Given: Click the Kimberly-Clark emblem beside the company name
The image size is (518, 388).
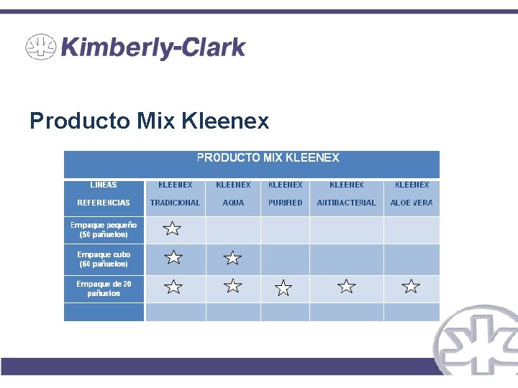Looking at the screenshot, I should [x=41, y=48].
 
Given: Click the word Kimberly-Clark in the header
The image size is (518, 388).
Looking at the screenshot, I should [x=153, y=48].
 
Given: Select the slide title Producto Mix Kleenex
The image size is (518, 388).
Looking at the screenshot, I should [x=149, y=121].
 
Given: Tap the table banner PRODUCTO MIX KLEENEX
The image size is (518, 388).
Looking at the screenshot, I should [x=268, y=157].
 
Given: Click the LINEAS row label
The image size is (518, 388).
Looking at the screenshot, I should [x=104, y=185].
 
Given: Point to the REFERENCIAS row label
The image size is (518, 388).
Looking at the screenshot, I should [x=104, y=203].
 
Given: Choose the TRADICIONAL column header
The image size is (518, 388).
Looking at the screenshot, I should [x=175, y=203].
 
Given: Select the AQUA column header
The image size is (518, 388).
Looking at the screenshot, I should [x=233, y=203].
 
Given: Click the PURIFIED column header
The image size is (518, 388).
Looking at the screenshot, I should [x=285, y=203].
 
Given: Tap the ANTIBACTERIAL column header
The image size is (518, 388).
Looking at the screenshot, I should [x=346, y=203].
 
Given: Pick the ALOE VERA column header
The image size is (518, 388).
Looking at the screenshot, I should [x=412, y=203].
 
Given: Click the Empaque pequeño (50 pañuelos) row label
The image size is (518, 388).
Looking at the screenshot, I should [x=104, y=229].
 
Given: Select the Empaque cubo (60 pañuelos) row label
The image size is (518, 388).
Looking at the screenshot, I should [x=104, y=259].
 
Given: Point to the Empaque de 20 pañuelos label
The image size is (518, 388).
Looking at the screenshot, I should [x=104, y=288].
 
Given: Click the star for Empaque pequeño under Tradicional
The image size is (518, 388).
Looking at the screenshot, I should [x=172, y=229].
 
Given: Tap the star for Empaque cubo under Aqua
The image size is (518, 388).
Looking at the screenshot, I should [x=232, y=258].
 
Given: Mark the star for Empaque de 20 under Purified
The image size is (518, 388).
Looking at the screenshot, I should [x=284, y=288].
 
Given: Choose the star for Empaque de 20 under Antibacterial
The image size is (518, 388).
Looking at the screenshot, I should [x=347, y=287].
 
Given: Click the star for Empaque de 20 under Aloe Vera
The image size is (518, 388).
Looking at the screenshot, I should [x=411, y=287].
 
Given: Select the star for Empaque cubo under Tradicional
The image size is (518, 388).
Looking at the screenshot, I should [x=173, y=257].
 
